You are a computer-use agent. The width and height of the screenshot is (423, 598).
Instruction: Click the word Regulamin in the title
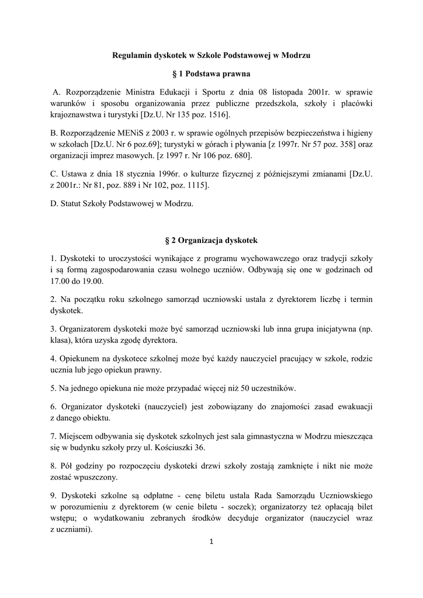click(131, 55)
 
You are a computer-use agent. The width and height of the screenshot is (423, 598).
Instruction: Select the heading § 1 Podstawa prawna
click(211, 74)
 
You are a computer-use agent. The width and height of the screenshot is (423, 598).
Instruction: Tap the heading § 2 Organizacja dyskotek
click(211, 240)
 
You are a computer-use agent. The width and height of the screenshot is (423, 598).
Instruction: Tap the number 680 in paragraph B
click(240, 156)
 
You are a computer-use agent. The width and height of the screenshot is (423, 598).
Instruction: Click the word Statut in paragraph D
click(70, 204)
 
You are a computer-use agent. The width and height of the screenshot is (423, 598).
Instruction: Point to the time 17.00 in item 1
click(60, 281)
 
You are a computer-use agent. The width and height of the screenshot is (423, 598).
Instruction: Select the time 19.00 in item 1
click(92, 281)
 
